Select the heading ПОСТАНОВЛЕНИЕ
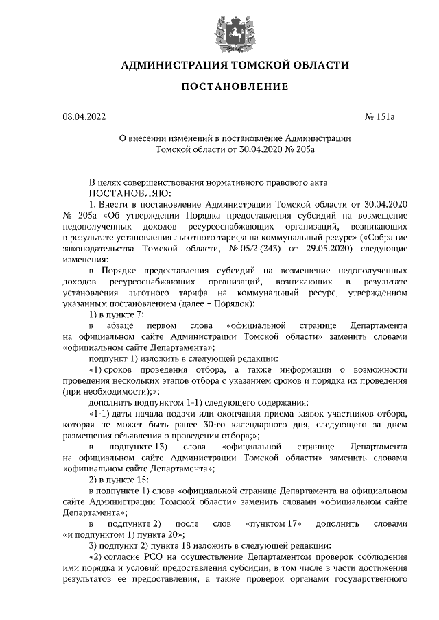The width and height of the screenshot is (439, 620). tap(219, 87)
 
